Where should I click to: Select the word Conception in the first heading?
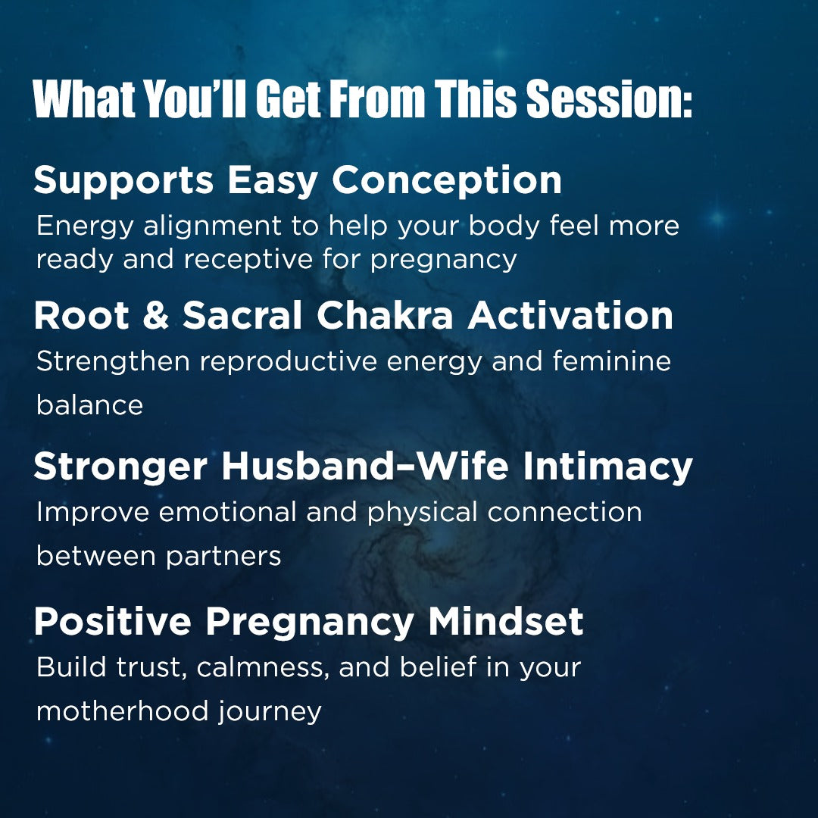[x=447, y=180]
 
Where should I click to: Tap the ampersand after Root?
[x=155, y=316]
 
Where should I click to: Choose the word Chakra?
[x=386, y=316]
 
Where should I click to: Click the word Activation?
[x=570, y=316]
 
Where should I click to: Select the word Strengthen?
[x=113, y=361]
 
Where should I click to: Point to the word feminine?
[x=611, y=361]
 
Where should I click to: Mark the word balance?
[x=89, y=405]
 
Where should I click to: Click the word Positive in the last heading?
[x=113, y=622]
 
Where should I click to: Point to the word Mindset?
[x=506, y=622]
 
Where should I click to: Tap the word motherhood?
[x=122, y=712]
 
